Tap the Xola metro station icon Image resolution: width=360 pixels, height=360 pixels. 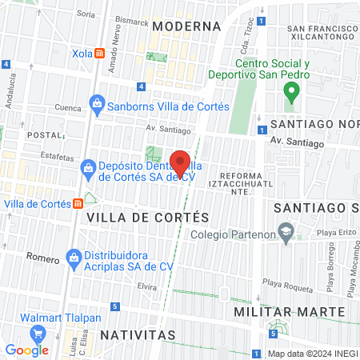click(99, 53)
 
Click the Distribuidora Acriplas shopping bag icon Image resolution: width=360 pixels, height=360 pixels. click(74, 258)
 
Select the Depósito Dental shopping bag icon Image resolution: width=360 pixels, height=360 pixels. click(88, 166)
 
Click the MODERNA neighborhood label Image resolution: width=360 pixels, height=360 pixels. click(186, 26)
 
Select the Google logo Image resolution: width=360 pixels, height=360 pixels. click(26, 350)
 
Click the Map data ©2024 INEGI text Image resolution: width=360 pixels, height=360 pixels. click(311, 354)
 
